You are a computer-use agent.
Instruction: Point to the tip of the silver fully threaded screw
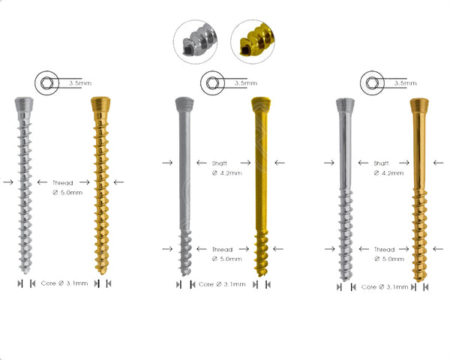[x=25, y=268]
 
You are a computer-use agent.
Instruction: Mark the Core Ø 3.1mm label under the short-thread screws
[x=221, y=284]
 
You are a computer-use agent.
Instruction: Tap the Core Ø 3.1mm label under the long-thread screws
[x=384, y=286]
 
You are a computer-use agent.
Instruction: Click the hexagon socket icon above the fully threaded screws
[x=46, y=82]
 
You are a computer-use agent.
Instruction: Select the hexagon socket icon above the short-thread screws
[x=209, y=82]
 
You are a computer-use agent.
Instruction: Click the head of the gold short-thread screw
[x=261, y=103]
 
